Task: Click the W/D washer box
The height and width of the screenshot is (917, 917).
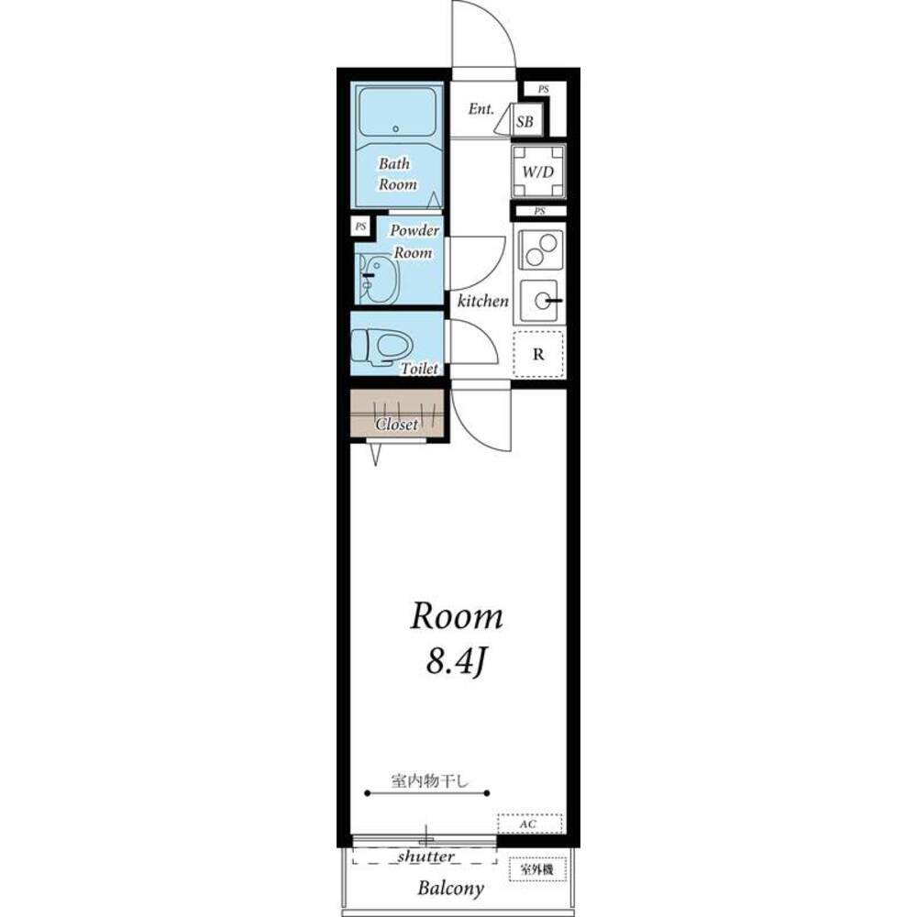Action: pyautogui.click(x=538, y=171)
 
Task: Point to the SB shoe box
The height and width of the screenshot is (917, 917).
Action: pyautogui.click(x=525, y=122)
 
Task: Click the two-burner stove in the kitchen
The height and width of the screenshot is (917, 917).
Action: pyautogui.click(x=540, y=249)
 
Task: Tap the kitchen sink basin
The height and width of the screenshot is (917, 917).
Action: pyautogui.click(x=542, y=301)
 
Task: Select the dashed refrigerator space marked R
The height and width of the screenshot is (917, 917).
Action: pyautogui.click(x=538, y=354)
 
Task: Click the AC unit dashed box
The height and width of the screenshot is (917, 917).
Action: pyautogui.click(x=530, y=823)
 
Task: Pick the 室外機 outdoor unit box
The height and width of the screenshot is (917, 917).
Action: pyautogui.click(x=537, y=869)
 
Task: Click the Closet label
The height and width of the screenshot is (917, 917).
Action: pyautogui.click(x=397, y=424)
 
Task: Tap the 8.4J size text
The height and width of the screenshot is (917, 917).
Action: pyautogui.click(x=456, y=664)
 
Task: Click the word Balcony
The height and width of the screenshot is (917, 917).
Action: pyautogui.click(x=451, y=889)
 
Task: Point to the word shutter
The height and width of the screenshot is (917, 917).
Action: pyautogui.click(x=425, y=856)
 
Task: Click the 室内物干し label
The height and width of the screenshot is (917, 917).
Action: pyautogui.click(x=430, y=780)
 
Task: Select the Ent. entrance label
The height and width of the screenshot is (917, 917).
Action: pyautogui.click(x=481, y=109)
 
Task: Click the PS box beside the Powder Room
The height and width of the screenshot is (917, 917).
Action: pyautogui.click(x=361, y=226)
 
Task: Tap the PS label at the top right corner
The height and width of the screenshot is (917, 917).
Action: pyautogui.click(x=544, y=90)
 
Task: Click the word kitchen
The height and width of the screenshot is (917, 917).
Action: pyautogui.click(x=483, y=301)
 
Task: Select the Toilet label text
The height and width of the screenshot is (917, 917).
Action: pyautogui.click(x=419, y=369)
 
